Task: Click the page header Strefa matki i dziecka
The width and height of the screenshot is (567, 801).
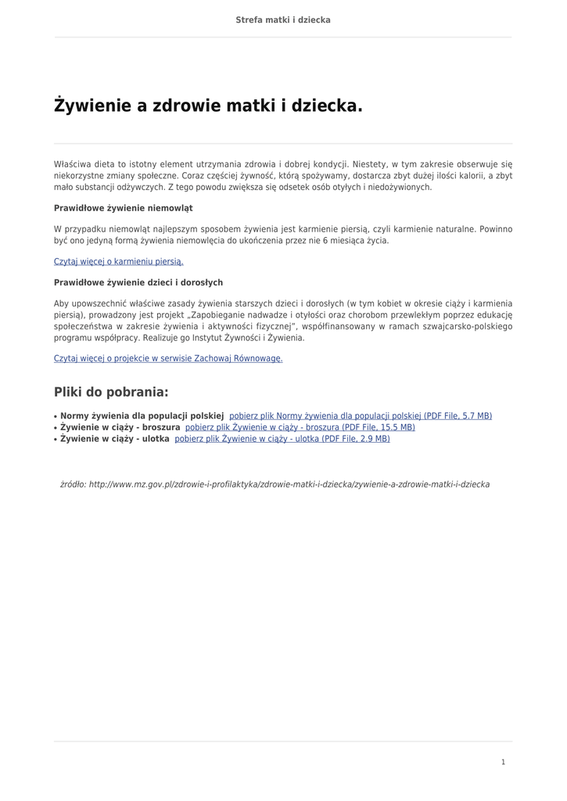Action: [283, 20]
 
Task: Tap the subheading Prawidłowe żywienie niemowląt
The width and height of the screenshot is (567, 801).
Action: [123, 208]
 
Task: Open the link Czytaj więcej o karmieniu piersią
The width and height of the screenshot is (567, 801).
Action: [118, 261]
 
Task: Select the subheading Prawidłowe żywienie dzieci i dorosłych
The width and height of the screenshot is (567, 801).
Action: [138, 282]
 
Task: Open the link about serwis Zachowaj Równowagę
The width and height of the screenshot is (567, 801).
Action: [168, 358]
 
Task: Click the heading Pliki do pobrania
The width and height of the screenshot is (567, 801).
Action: [111, 392]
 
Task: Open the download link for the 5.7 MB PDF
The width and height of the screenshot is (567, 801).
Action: [361, 416]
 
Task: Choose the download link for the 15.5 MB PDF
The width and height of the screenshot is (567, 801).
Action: [300, 428]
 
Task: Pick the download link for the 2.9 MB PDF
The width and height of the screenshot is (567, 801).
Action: [282, 440]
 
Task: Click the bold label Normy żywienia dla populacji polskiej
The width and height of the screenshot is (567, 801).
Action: [142, 416]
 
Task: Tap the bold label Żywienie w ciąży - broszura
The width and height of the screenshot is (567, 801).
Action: [120, 428]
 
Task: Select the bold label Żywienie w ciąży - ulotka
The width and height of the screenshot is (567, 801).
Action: [115, 440]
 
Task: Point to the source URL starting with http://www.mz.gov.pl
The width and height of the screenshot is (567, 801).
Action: [289, 485]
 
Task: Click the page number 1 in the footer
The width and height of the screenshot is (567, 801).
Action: [504, 762]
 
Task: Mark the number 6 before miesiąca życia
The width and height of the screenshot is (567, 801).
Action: [325, 240]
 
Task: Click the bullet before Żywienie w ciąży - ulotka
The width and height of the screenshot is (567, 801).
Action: [56, 440]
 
